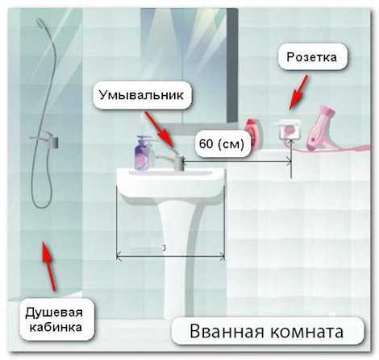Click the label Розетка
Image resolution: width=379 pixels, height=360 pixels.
311,57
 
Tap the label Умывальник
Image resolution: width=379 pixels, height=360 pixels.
141,95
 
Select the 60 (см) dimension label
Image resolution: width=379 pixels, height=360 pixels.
222,143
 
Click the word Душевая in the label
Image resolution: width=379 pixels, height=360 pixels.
54,313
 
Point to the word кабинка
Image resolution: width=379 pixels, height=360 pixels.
56,327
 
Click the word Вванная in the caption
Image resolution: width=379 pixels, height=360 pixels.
227,331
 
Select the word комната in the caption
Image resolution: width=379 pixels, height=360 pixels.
306,332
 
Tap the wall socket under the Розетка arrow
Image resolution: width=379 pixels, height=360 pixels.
289,130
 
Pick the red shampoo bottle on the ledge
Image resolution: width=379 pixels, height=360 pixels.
252,134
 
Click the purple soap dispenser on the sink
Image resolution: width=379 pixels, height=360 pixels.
143,153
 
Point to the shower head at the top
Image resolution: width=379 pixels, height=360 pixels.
41,23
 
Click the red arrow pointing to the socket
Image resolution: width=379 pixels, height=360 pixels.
298,92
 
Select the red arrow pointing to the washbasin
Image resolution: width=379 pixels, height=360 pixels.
160,130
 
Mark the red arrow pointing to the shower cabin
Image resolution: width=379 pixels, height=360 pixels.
49,267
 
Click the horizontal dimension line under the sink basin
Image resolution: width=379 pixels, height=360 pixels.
171,256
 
